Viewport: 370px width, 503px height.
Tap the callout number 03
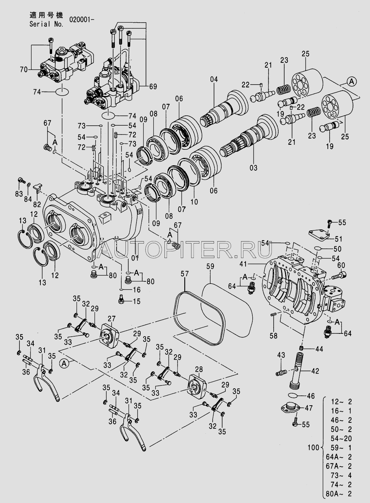tap(253, 167)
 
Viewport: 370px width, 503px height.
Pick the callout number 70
tap(24, 70)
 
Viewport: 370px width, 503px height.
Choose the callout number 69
tap(153, 86)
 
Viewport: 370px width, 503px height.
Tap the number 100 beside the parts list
tap(314, 447)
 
